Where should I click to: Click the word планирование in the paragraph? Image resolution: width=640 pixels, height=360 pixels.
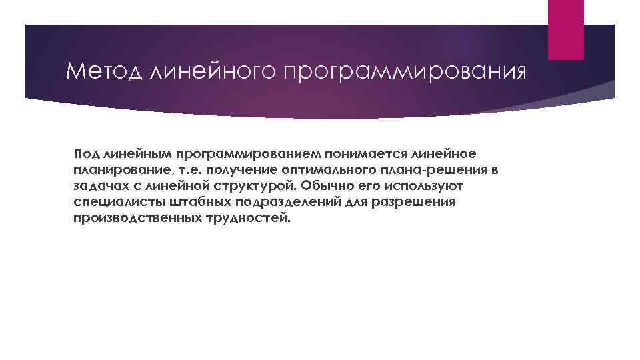coord(114,170)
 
